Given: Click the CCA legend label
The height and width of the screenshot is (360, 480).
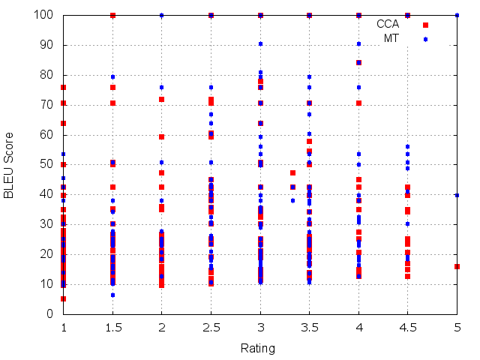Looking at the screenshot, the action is tap(388, 24).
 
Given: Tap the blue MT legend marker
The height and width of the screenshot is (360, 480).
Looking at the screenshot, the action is tap(425, 39).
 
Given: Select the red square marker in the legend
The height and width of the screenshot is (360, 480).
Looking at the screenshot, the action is tap(425, 25).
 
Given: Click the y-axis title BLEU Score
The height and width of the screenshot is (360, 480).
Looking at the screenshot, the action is tap(8, 165).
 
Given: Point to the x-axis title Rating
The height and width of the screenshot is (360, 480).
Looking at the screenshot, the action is tap(258, 349).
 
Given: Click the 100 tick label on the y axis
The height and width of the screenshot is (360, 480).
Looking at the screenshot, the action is tap(43, 15).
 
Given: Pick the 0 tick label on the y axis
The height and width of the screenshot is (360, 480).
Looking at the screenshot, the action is tap(49, 314).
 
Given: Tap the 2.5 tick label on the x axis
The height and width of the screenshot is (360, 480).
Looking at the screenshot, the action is tap(211, 328).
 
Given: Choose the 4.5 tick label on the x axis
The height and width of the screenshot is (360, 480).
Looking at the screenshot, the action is tap(408, 328).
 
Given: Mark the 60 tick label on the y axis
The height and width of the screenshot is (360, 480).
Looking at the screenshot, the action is tap(46, 135).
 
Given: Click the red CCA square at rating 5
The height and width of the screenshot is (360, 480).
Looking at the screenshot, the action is tap(457, 267).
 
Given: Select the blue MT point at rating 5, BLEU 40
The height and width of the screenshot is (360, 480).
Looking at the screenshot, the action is tap(457, 195).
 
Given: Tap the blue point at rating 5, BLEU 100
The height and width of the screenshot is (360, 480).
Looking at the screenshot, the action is tap(457, 15).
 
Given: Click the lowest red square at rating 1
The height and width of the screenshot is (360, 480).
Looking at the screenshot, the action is tap(63, 298).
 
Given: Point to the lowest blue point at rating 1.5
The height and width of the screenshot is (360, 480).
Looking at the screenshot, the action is tap(112, 295).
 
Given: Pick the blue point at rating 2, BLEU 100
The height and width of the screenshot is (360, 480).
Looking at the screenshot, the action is tap(162, 15).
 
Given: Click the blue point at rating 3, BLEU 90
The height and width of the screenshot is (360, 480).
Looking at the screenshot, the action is tap(260, 44).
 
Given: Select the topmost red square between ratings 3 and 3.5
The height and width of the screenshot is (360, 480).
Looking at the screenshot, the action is tap(293, 173).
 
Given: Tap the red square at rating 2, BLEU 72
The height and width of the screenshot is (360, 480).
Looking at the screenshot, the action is tap(162, 100).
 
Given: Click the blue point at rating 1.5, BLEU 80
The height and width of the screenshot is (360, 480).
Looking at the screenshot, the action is tap(112, 76).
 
